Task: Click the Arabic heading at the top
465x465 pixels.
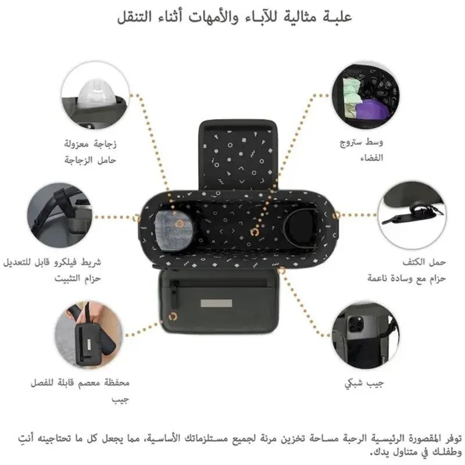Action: coord(234,17)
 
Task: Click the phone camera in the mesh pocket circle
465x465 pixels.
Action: coord(356,323)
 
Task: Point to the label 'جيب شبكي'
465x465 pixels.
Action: coord(364,383)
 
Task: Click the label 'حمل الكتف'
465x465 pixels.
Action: coord(424,262)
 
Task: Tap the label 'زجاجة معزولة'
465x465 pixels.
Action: coord(91,144)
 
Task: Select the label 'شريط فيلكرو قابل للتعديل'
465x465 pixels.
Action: coord(52,263)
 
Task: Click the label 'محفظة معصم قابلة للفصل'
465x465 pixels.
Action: coord(80,383)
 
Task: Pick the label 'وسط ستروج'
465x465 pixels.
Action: coord(362,142)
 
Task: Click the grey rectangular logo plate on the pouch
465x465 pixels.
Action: coord(216,303)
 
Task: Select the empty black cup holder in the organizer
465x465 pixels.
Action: coord(301,226)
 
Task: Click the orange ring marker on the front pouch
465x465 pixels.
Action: coord(173,317)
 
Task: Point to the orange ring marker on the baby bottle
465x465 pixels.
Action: coord(178,224)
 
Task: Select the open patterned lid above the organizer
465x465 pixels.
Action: coord(237,156)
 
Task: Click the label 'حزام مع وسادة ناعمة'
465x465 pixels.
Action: coord(406,278)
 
